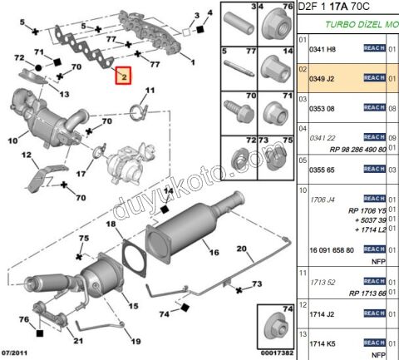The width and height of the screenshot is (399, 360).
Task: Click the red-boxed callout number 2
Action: tap(123, 76)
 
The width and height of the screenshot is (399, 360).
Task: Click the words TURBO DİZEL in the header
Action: tap(350, 26)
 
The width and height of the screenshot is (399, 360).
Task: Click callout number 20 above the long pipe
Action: tap(243, 248)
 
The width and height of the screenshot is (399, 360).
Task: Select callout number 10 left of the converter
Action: tap(12, 141)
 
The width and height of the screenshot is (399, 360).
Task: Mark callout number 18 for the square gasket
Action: tap(111, 224)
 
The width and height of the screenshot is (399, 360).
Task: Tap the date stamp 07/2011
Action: tap(17, 353)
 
